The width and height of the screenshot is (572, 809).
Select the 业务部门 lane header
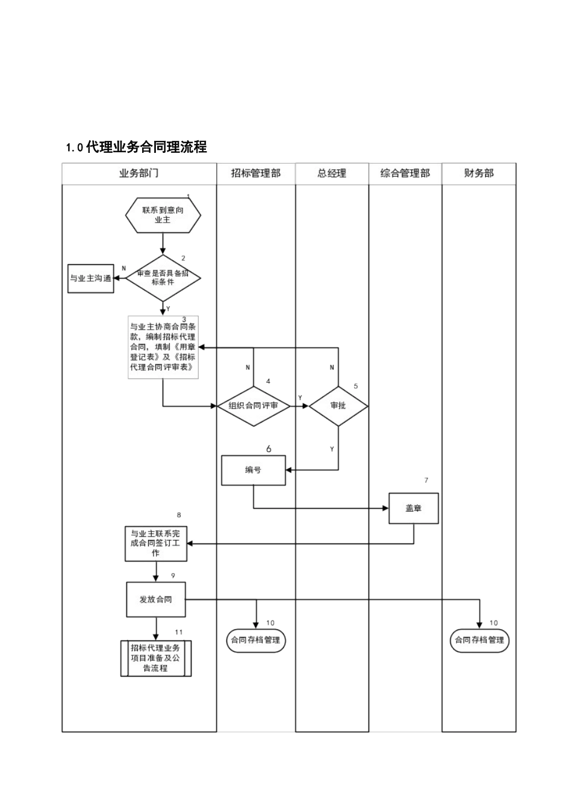[139, 173]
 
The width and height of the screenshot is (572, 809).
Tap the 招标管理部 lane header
[256, 173]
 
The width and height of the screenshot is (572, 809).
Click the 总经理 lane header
[332, 173]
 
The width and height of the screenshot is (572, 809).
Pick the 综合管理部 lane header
[405, 173]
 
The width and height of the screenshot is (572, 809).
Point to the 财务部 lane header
[479, 173]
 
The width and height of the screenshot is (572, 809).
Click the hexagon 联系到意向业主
[163, 215]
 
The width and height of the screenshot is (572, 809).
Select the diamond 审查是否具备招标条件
[163, 277]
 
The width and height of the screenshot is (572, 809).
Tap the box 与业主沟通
[91, 279]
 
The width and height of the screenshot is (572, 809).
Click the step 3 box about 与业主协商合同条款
[163, 347]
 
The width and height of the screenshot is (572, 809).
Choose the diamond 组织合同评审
[253, 406]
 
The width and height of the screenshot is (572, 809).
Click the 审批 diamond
[338, 406]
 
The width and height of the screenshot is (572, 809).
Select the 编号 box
[253, 470]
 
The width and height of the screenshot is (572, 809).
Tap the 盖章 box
[414, 508]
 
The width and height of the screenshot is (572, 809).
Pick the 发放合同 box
[156, 600]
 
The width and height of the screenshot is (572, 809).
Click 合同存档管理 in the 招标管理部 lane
[256, 640]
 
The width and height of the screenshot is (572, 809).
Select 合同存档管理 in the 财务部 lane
[480, 640]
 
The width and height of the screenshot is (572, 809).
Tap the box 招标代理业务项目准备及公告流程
[156, 658]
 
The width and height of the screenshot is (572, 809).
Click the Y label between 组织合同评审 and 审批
[300, 398]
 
